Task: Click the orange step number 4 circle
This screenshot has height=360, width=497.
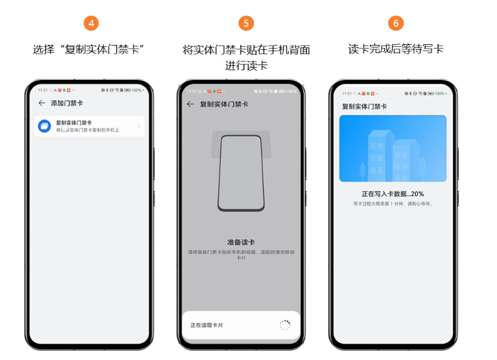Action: [92, 23]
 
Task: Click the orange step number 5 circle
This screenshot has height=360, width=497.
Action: [246, 23]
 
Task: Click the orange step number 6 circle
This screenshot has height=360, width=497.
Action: [396, 23]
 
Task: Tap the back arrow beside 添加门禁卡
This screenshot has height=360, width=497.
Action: [42, 103]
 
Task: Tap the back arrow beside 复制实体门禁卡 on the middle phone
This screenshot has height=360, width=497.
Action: [190, 104]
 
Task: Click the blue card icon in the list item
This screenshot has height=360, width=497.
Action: [44, 126]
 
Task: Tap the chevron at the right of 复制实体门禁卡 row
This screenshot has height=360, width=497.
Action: [138, 126]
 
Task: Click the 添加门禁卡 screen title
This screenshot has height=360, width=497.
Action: [66, 103]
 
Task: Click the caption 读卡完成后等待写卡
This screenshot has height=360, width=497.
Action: [396, 49]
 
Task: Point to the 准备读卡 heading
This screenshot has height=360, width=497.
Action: [241, 242]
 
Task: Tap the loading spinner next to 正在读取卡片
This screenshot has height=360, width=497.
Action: [285, 325]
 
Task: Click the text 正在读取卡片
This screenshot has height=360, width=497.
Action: [207, 325]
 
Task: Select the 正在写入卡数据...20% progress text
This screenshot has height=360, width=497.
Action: [393, 194]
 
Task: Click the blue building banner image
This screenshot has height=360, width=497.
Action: [393, 149]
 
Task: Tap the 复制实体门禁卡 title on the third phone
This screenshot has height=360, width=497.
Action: [364, 106]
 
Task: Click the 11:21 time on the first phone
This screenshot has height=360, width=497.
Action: [42, 90]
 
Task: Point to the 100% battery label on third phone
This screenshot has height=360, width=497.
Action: [438, 93]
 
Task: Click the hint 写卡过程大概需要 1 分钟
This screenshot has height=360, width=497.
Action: [393, 204]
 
